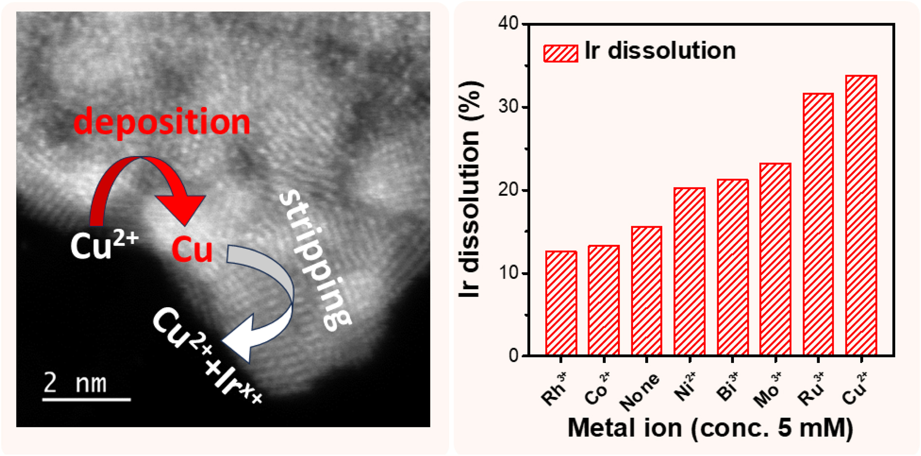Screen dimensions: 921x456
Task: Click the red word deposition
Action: (x=162, y=122)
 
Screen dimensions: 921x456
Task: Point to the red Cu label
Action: (x=192, y=250)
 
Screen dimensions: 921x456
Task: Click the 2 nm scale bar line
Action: (x=86, y=400)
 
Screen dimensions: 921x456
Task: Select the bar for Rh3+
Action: (x=561, y=303)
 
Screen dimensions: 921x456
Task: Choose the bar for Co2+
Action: (x=604, y=300)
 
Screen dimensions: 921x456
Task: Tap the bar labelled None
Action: (x=647, y=291)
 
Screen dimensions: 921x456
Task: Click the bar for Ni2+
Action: (x=690, y=272)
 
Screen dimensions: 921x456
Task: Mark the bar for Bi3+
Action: (x=732, y=268)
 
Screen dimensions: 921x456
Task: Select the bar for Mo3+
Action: (x=775, y=259)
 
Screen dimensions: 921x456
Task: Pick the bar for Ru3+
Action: (x=818, y=224)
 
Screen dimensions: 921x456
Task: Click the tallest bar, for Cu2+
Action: (x=861, y=216)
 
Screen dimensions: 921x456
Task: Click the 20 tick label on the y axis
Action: (x=508, y=190)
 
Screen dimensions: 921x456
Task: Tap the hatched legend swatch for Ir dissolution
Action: (x=561, y=53)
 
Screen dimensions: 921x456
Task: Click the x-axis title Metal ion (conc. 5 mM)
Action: (x=710, y=428)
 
